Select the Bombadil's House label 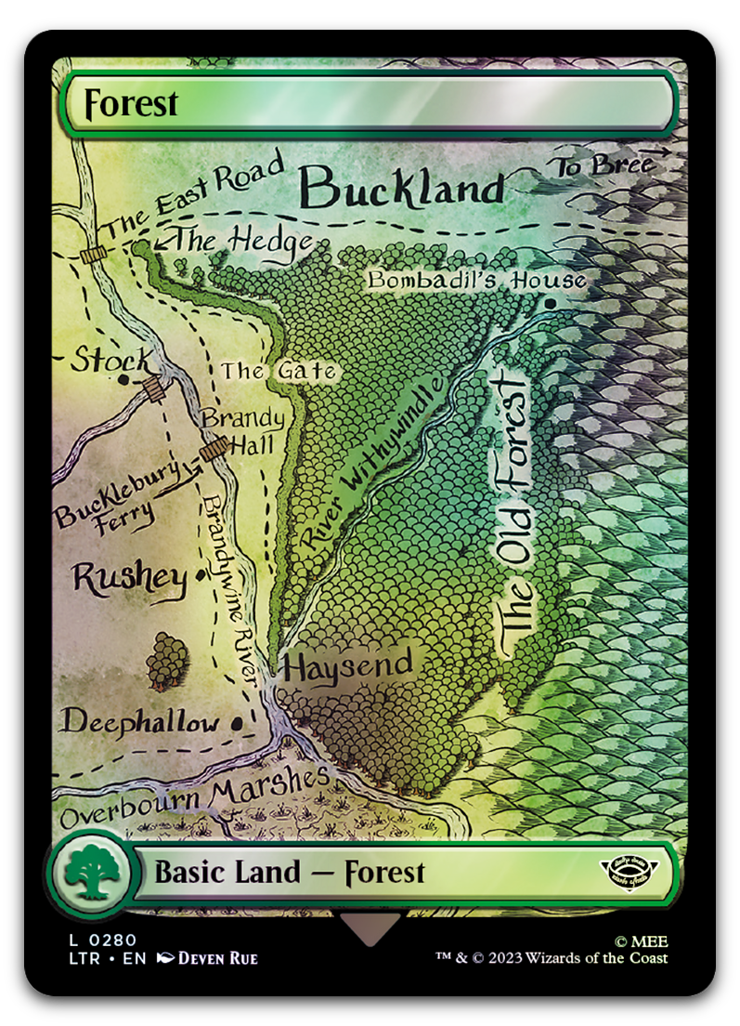click(476, 280)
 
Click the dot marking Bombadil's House click(552, 303)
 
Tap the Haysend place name click(348, 665)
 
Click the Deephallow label click(140, 722)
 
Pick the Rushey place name click(129, 578)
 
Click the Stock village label click(110, 360)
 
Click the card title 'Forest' click(131, 103)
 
